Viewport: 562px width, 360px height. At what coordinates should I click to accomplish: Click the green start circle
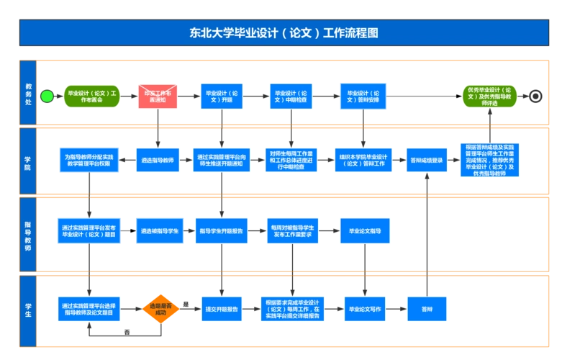point(47,96)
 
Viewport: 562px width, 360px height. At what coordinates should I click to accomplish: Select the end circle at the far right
point(535,96)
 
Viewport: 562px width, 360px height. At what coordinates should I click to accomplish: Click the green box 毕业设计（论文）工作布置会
point(91,96)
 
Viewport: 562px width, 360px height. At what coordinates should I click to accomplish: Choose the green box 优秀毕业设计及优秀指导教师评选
point(489,96)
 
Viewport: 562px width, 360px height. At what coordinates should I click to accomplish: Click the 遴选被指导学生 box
point(154,231)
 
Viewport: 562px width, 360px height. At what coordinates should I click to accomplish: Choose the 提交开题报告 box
point(222,309)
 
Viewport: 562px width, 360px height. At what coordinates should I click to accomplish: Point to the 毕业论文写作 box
point(364,309)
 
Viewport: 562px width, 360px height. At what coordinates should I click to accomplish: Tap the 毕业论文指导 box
point(364,231)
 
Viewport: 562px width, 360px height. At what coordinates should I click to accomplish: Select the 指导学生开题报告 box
point(222,231)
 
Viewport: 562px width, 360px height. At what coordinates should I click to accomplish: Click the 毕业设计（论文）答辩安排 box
point(364,96)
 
